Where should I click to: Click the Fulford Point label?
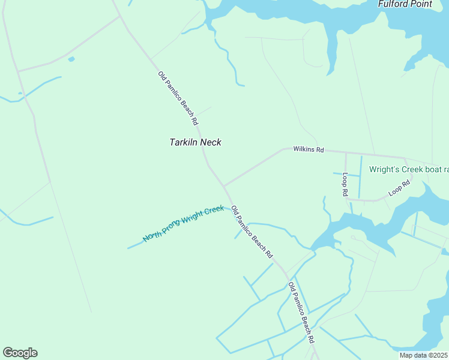405,4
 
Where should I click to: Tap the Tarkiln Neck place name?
196,142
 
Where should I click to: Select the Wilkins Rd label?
309,149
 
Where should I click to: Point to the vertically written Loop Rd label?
345,185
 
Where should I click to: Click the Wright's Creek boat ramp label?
408,170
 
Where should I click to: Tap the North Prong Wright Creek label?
183,224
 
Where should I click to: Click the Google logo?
20,353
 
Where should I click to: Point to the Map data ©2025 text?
423,355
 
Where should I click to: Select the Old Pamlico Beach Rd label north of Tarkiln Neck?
178,98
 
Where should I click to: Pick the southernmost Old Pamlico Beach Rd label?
301,313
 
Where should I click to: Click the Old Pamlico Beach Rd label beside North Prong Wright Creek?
252,232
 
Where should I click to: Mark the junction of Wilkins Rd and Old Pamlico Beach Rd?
224,185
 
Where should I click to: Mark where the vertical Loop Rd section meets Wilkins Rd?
346,153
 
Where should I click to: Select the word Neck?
211,142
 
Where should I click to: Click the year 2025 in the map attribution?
439,355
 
